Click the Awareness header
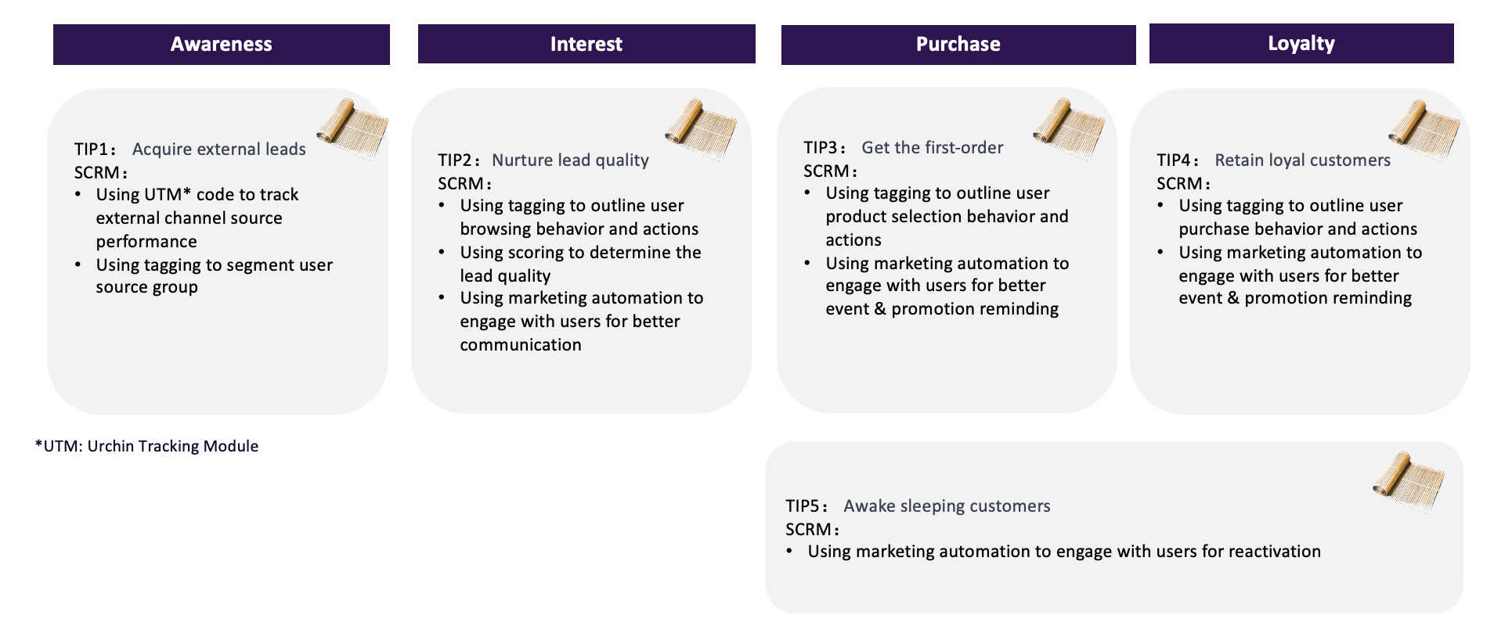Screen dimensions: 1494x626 pos(222,45)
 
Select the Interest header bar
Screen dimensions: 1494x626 pos(586,44)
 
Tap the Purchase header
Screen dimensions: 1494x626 pos(958,45)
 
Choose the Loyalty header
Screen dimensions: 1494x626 pos(1301,43)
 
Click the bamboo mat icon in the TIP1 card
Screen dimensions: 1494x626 pos(352,128)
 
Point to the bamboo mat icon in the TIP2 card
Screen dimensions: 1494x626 pos(701,129)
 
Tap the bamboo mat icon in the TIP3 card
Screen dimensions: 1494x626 pos(1069,129)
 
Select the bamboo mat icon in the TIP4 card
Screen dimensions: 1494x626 pos(1424,131)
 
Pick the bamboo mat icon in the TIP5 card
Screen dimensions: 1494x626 pos(1409,483)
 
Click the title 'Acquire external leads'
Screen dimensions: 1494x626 pos(219,149)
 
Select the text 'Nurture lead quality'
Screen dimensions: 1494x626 pos(570,160)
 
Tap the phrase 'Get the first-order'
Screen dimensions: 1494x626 pos(933,147)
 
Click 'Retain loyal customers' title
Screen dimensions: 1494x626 pos(1303,160)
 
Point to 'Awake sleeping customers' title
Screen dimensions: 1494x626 pos(947,505)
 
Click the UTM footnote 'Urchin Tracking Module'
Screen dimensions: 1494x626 pos(173,446)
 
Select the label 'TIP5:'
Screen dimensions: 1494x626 pos(807,505)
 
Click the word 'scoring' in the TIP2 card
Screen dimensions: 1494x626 pos(536,253)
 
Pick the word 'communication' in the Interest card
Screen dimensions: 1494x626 pos(521,344)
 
